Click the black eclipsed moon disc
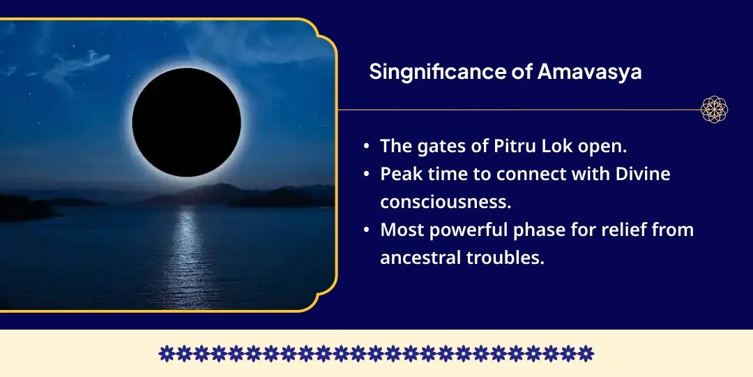tap(186, 123)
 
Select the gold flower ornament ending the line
tap(714, 110)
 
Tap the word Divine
tap(642, 174)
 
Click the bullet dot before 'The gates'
tap(367, 147)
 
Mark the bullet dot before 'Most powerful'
tap(367, 230)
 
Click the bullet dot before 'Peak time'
tap(367, 175)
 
